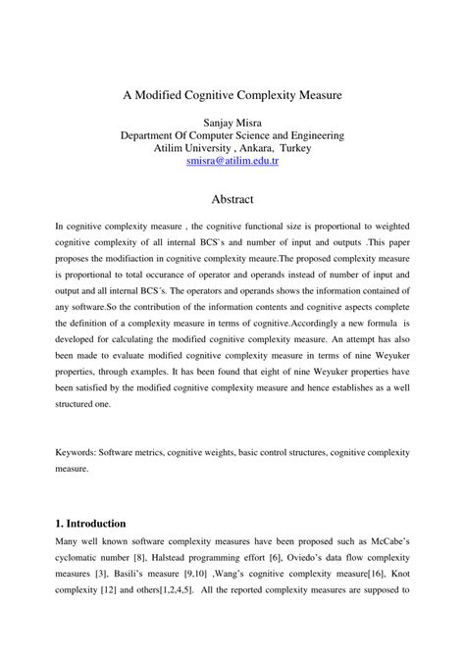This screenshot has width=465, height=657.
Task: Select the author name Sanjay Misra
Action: pyautogui.click(x=232, y=123)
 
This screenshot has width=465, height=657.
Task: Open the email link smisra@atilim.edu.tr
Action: pyautogui.click(x=232, y=161)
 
